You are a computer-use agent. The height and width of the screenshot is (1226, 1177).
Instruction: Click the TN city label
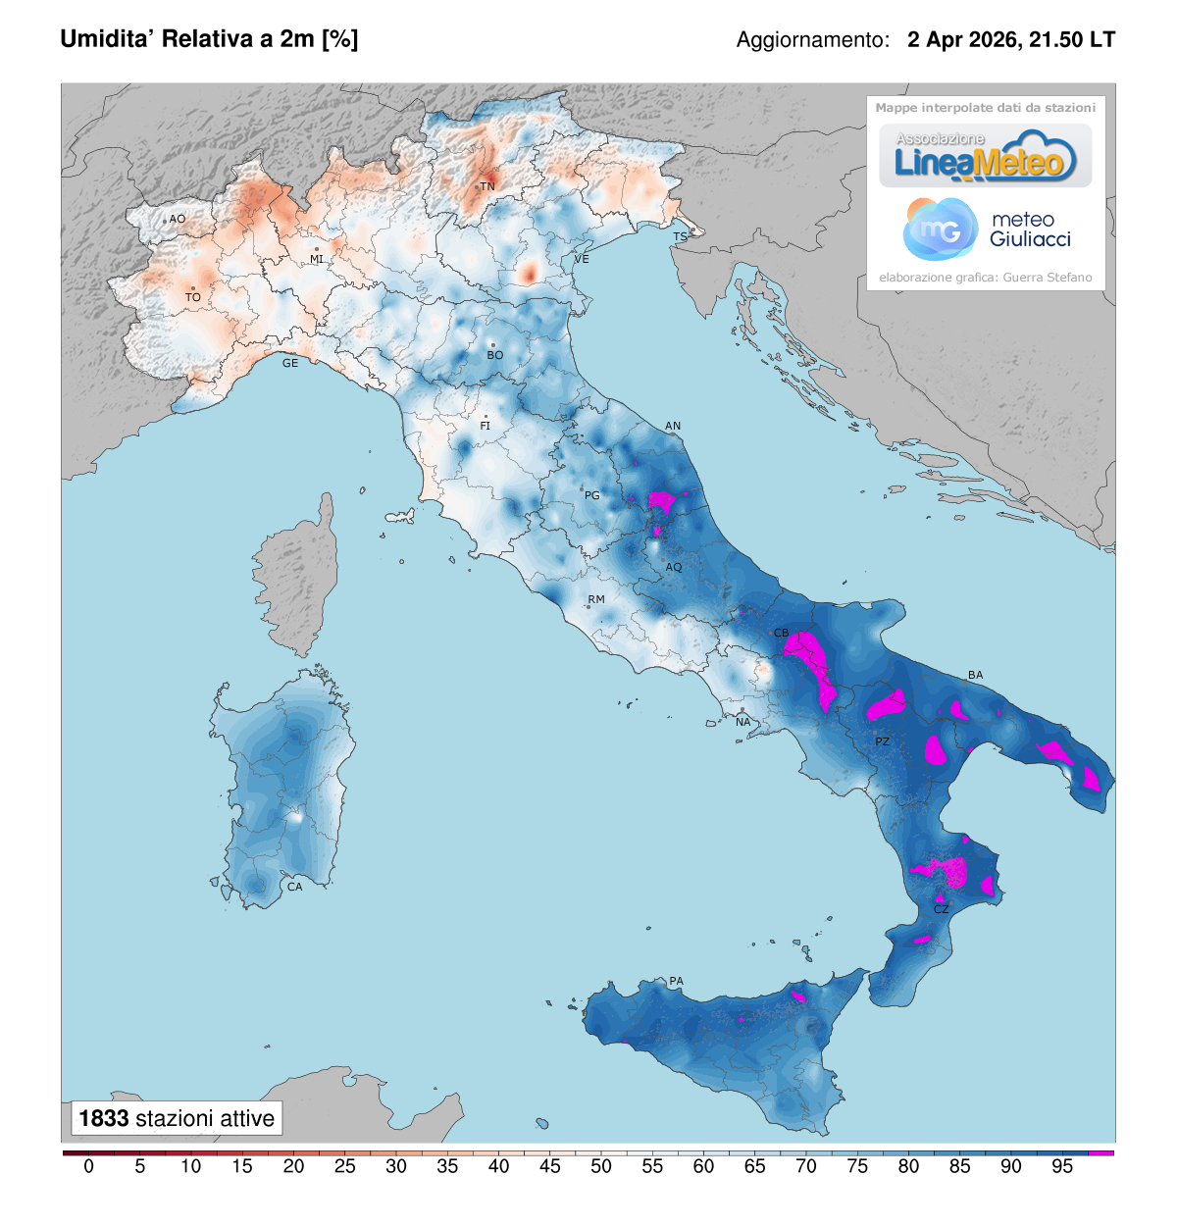(487, 186)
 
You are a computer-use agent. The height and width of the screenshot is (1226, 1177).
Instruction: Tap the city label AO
(178, 220)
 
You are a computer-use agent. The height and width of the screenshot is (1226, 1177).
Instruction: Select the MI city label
(317, 259)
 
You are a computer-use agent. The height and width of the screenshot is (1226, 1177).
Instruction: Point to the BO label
(495, 355)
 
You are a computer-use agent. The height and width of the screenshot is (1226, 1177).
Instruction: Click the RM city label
(596, 599)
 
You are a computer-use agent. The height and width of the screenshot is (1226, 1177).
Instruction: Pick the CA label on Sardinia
(295, 887)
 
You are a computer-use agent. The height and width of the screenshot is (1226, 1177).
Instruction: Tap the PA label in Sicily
(676, 981)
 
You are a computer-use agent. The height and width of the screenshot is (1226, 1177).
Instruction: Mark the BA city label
(975, 675)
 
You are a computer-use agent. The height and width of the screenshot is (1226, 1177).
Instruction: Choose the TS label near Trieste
(680, 237)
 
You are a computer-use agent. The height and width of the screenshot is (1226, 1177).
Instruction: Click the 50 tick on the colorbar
(601, 1166)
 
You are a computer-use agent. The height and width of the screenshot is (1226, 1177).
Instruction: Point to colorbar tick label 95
(1062, 1166)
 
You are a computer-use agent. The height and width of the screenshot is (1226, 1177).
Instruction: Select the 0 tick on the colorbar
(89, 1166)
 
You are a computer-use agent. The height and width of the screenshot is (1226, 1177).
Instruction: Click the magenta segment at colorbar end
(1101, 1152)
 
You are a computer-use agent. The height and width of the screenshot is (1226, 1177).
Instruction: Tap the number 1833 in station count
(104, 1118)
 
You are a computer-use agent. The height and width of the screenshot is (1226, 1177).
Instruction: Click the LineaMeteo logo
(985, 157)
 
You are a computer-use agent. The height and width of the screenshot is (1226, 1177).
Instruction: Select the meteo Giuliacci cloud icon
(940, 229)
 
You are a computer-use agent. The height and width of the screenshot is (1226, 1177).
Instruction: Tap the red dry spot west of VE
(529, 273)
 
